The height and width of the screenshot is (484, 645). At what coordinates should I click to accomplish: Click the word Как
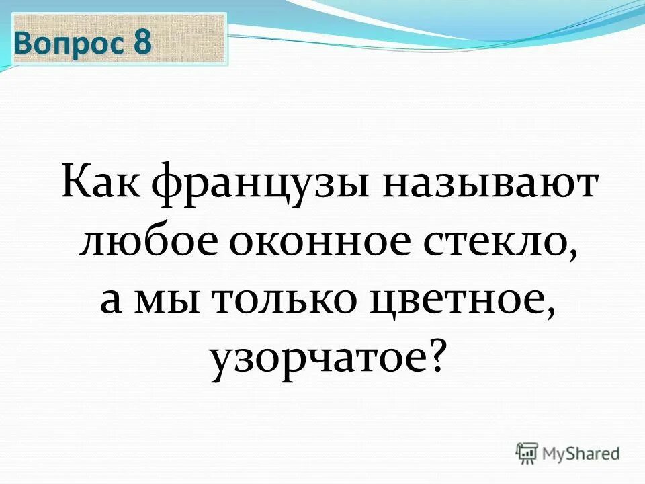pyautogui.click(x=101, y=184)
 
